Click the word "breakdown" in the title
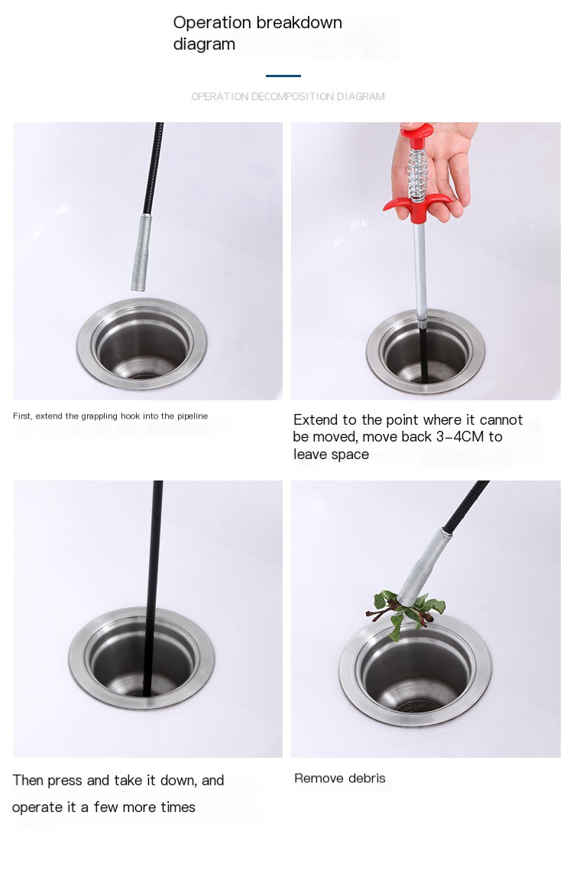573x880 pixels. pyautogui.click(x=299, y=22)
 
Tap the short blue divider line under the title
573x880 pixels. pyautogui.click(x=283, y=75)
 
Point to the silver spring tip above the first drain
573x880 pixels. pyautogui.click(x=140, y=252)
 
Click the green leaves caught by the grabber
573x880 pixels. pyautogui.click(x=405, y=613)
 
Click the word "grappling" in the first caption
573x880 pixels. pyautogui.click(x=99, y=416)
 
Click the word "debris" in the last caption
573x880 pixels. pyautogui.click(x=367, y=778)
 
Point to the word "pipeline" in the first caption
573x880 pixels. pyautogui.click(x=193, y=416)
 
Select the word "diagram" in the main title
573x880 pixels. pyautogui.click(x=204, y=44)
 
